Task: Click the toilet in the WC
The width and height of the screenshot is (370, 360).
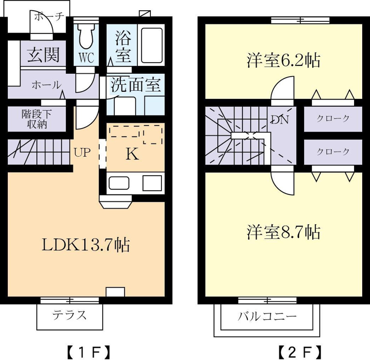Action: pyautogui.click(x=86, y=35)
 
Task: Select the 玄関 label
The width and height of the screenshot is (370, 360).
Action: pyautogui.click(x=43, y=55)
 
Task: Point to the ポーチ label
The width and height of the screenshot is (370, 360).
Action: pyautogui.click(x=49, y=17)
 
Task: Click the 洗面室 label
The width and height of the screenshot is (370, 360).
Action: pyautogui.click(x=136, y=84)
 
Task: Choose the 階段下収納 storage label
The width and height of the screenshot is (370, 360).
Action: pyautogui.click(x=37, y=119)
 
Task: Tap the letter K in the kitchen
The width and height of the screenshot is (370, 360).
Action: pyautogui.click(x=132, y=154)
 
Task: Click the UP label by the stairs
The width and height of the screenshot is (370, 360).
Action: pyautogui.click(x=82, y=152)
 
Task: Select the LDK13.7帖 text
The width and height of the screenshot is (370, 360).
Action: pyautogui.click(x=86, y=245)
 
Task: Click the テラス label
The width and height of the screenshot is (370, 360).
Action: pyautogui.click(x=69, y=315)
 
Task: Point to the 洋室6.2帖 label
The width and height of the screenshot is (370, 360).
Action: pyautogui.click(x=283, y=61)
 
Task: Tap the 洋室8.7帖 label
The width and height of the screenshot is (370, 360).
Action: pyautogui.click(x=283, y=232)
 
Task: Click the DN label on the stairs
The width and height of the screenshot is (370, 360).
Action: pyautogui.click(x=280, y=119)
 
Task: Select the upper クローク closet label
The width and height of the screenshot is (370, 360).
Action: pyautogui.click(x=333, y=118)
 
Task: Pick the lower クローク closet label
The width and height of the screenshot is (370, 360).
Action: pyautogui.click(x=333, y=151)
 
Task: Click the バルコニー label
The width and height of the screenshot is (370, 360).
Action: pyautogui.click(x=267, y=316)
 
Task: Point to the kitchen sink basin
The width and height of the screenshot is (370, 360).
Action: pyautogui.click(x=119, y=183)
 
